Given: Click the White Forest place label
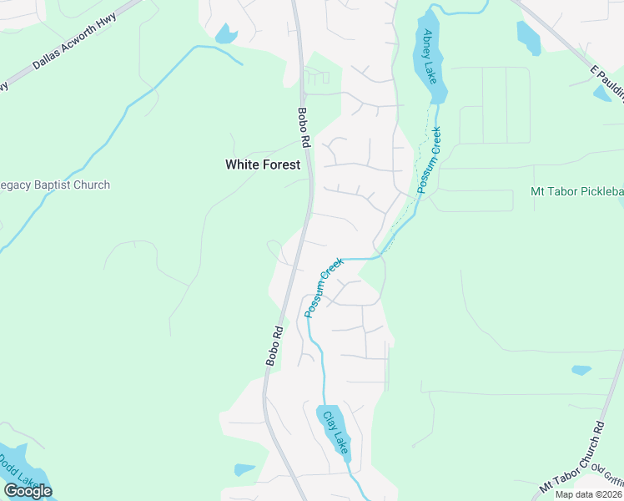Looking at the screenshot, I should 262,164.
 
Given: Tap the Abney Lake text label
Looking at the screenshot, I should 430,52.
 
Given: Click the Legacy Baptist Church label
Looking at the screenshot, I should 55,185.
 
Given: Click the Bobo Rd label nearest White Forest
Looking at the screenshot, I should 304,128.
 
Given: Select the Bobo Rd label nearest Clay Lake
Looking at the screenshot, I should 274,345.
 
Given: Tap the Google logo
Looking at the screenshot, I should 28,490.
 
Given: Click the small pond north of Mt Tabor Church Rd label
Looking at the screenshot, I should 581,369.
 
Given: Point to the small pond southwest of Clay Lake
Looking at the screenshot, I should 244,469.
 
